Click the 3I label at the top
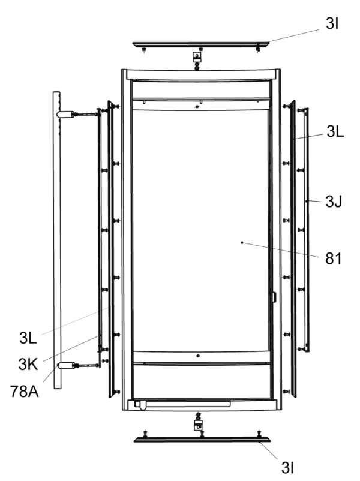tap(332, 23)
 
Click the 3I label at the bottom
tap(287, 467)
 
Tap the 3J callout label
tap(334, 202)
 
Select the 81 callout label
tap(334, 258)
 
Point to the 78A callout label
tap(25, 392)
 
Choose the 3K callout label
tap(28, 365)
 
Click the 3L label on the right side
tap(335, 131)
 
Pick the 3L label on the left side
tap(28, 338)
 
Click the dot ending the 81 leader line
tap(242, 243)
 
